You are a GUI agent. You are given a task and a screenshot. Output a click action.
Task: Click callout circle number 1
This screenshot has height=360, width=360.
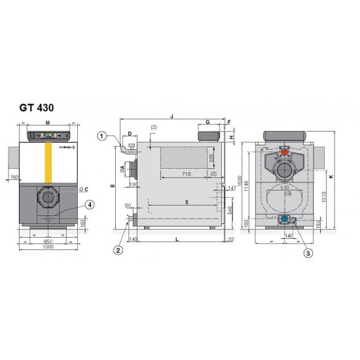click(101, 136)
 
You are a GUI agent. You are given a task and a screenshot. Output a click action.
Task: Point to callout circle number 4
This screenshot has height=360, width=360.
click(90, 204)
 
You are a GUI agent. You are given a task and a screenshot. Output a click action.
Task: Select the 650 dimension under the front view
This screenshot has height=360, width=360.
click(48, 240)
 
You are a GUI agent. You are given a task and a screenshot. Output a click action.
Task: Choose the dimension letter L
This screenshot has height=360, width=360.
click(177, 241)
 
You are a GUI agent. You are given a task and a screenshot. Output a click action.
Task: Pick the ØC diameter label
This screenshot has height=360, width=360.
click(83, 190)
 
